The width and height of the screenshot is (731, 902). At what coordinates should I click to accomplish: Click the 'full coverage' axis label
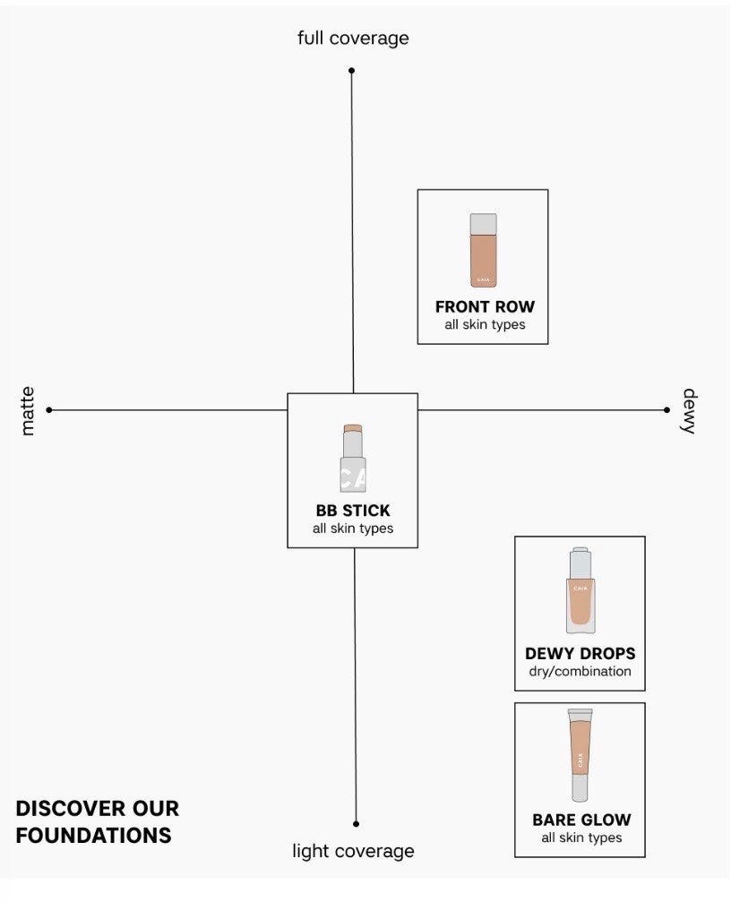(353, 39)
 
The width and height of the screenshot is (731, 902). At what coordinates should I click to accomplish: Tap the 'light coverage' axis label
(353, 851)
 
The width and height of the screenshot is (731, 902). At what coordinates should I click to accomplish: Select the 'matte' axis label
(27, 411)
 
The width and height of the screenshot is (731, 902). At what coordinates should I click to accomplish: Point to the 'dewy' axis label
(689, 411)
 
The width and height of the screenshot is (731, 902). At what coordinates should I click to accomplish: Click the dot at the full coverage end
(351, 71)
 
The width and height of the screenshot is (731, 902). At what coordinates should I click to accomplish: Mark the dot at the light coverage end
(356, 824)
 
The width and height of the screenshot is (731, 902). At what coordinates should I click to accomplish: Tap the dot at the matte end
(49, 410)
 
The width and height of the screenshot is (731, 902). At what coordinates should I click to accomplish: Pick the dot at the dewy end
(666, 410)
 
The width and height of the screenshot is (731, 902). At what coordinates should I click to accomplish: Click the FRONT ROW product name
(485, 306)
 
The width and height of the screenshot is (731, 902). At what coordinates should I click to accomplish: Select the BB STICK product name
(353, 511)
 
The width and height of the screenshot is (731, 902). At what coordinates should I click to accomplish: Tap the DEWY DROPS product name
(580, 654)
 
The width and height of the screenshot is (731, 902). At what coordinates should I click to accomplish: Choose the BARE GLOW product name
(581, 820)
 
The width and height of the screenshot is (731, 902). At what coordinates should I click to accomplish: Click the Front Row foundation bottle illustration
(483, 250)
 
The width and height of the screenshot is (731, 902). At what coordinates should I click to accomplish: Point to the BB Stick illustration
(353, 459)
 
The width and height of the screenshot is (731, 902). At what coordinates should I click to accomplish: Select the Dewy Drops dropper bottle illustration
(580, 590)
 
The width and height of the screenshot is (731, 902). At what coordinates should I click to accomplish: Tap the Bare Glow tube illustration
(580, 755)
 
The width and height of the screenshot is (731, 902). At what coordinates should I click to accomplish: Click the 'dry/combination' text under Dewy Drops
(580, 671)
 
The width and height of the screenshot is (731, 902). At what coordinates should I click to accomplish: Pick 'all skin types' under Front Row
(485, 324)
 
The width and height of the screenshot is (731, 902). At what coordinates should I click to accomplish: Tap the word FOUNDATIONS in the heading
(94, 836)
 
